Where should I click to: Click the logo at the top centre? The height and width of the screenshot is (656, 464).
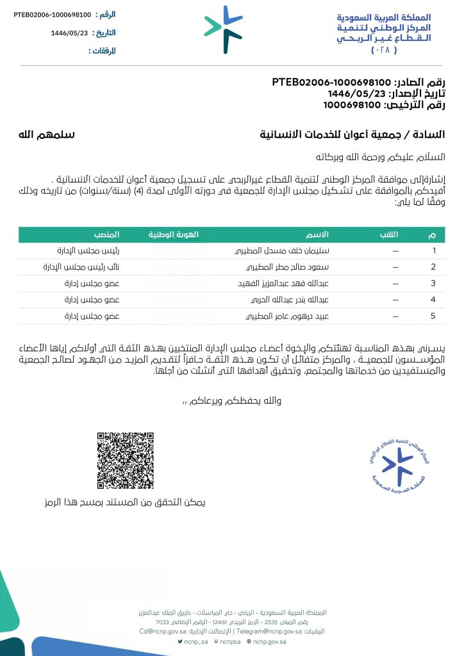pyautogui.click(x=224, y=29)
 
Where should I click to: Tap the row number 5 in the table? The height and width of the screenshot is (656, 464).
pyautogui.click(x=434, y=316)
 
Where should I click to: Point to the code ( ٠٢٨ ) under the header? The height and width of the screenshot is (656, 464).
pyautogui.click(x=384, y=49)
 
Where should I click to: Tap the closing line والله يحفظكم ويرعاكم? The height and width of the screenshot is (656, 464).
pyautogui.click(x=234, y=401)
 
